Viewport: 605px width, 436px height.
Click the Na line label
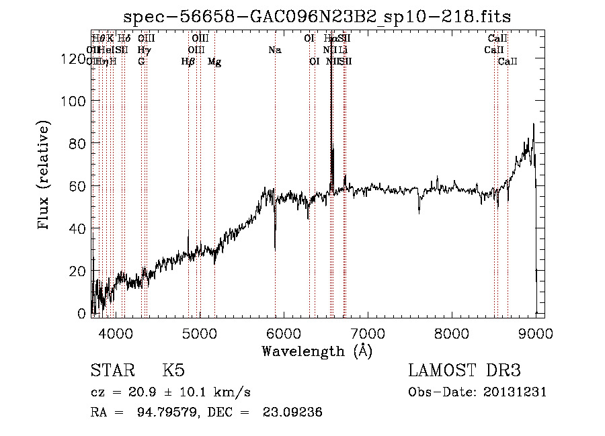[x=274, y=50]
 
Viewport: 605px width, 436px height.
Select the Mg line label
[x=214, y=62]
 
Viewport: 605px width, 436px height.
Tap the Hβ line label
[x=188, y=62]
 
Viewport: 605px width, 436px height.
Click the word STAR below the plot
[x=110, y=371]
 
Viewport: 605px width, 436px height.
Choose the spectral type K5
[x=173, y=371]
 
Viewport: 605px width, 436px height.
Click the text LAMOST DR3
[x=465, y=371]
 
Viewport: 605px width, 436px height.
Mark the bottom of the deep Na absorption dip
[x=275, y=249]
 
